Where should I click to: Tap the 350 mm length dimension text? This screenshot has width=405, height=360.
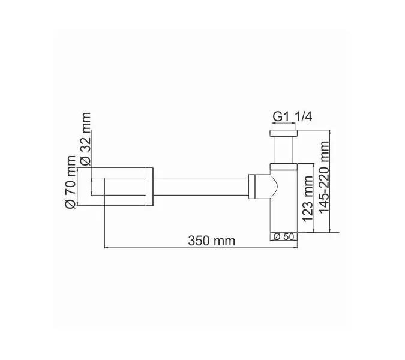[x=211, y=241]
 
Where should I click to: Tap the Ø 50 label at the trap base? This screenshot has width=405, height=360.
[x=284, y=236]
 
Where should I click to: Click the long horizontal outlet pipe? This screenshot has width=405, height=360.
[x=201, y=188]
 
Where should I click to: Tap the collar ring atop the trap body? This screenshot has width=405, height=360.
[x=283, y=166]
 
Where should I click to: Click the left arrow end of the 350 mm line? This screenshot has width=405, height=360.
[x=106, y=247]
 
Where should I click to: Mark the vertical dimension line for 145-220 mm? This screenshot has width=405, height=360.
[x=332, y=180]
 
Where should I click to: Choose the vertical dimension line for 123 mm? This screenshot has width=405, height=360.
[x=315, y=198]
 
